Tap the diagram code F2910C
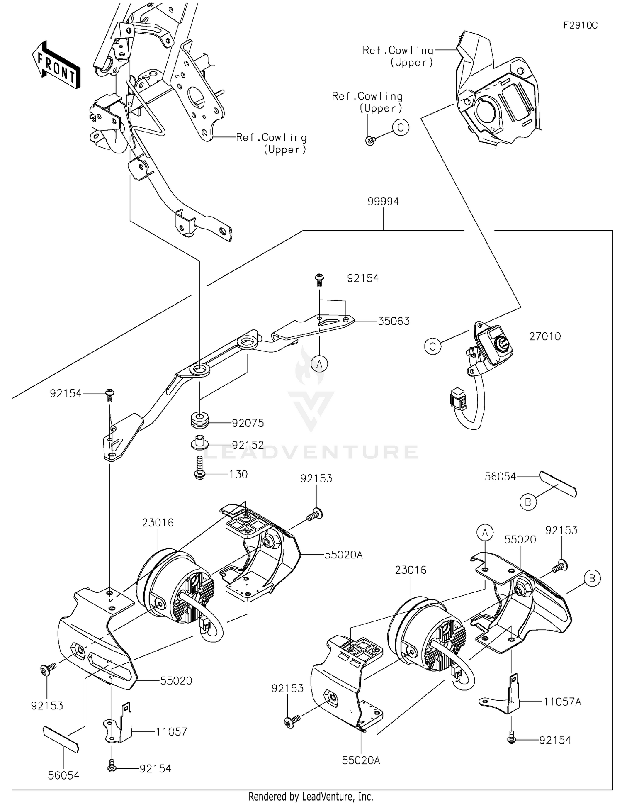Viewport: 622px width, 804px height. click(580, 25)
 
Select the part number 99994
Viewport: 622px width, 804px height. click(383, 202)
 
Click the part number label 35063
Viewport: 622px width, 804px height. click(394, 321)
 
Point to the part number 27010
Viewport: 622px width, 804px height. click(544, 336)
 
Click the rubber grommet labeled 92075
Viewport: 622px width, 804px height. click(199, 419)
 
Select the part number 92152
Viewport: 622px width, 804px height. click(248, 445)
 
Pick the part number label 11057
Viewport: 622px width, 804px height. click(171, 732)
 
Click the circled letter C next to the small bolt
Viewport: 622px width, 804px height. click(401, 127)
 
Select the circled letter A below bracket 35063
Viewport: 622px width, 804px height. click(319, 364)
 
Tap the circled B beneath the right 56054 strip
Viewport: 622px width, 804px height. click(528, 502)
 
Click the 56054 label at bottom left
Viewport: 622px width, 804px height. click(63, 775)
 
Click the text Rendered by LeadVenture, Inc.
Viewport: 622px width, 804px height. click(311, 797)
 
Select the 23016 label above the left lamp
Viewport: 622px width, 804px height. click(158, 523)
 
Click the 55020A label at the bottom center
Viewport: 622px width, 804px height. click(361, 760)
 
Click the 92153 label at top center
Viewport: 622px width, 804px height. click(316, 479)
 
